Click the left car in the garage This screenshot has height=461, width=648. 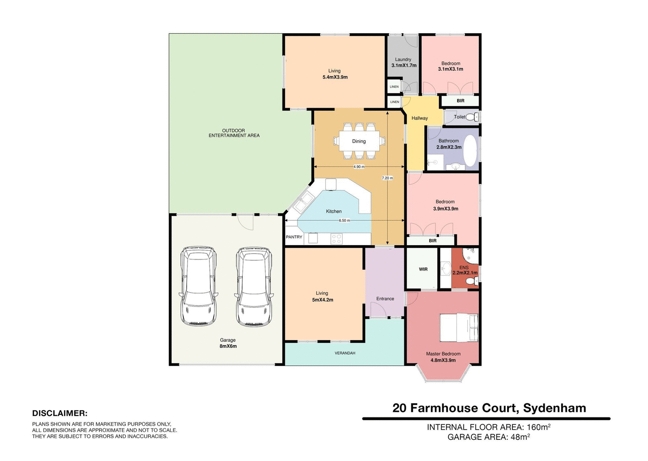point(197,286)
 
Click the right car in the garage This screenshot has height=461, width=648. point(254,286)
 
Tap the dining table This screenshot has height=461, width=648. point(359,141)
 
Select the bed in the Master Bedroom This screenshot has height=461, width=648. point(459,328)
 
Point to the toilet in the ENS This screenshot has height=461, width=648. point(472,281)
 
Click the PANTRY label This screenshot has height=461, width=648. point(294,237)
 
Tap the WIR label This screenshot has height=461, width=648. point(423,269)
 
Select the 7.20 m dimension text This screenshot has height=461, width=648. point(388,178)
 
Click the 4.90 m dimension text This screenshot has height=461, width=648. point(359,167)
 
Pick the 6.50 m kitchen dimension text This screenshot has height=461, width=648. point(344,221)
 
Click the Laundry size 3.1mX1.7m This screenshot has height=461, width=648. point(404,66)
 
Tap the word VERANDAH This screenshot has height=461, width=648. point(345,353)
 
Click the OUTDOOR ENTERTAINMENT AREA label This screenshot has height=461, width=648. point(234,133)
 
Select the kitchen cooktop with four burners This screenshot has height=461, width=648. point(337,238)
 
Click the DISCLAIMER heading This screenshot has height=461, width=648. point(60,414)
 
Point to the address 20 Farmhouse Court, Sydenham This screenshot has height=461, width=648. point(489,408)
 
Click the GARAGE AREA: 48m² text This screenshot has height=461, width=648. point(489,437)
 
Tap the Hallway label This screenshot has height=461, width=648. point(419,118)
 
